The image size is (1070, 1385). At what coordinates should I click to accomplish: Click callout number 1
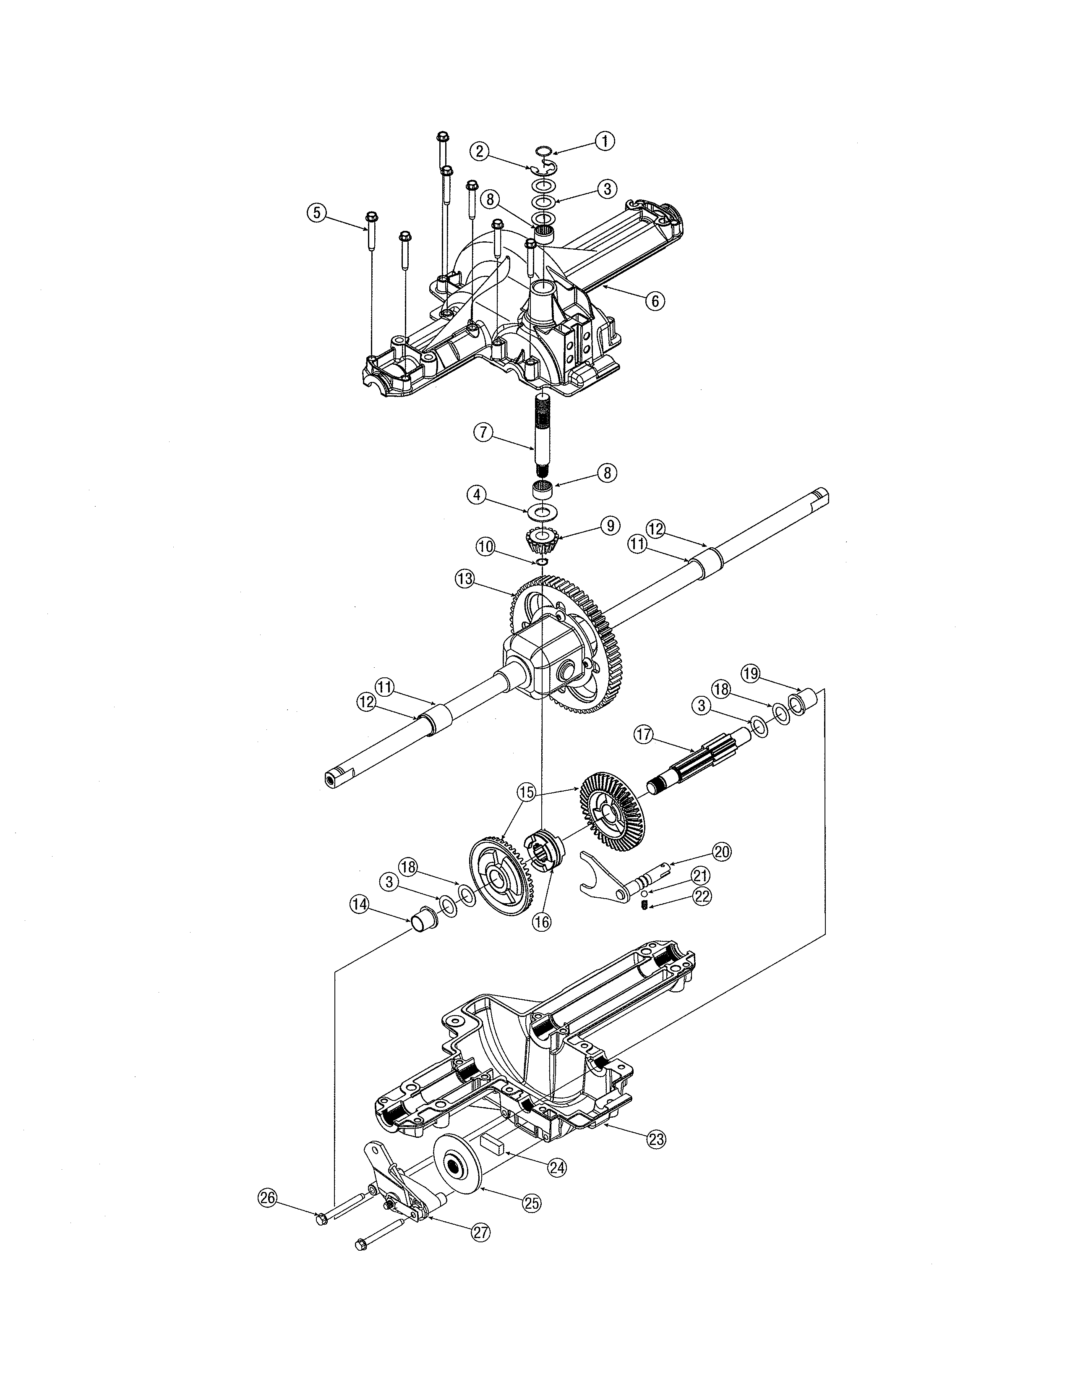[x=605, y=141]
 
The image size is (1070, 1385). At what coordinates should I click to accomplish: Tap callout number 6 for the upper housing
[x=655, y=301]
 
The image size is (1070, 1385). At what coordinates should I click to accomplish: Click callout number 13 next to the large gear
[x=465, y=578]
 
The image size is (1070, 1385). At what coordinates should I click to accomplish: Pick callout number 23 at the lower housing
[x=656, y=1139]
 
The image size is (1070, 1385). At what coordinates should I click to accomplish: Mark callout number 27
[x=480, y=1231]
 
